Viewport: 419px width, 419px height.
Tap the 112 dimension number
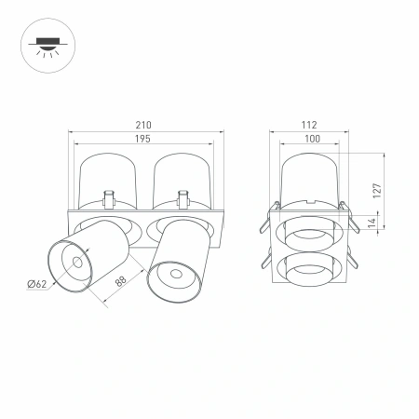pyautogui.click(x=309, y=125)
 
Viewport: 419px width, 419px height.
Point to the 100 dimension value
pyautogui.click(x=309, y=138)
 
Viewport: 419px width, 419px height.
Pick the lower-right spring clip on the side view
pyautogui.click(x=352, y=258)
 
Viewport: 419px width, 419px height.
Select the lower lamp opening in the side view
pyautogui.click(x=309, y=266)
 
